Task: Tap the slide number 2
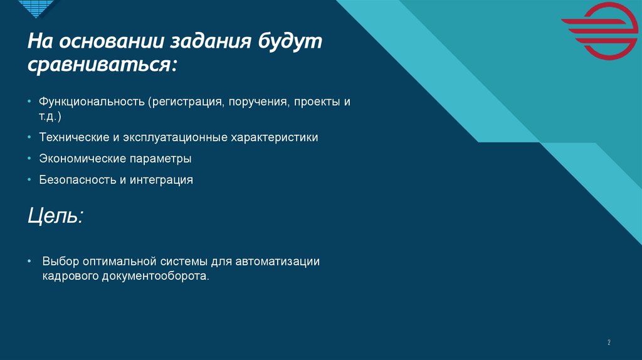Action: click(608, 342)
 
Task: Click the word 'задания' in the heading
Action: click(204, 43)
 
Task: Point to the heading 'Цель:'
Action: click(55, 216)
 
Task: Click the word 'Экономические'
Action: click(77, 159)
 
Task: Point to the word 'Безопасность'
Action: click(74, 180)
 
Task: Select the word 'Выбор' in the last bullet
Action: click(58, 261)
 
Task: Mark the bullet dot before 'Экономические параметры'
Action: click(30, 159)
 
